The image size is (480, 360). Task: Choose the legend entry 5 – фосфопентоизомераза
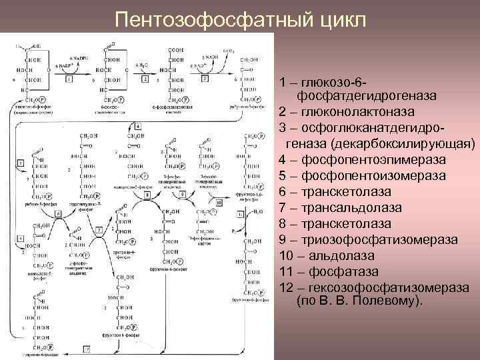[x=373, y=175]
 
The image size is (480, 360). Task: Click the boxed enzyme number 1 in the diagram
[x=69, y=79]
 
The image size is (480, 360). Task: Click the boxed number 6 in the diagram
[x=59, y=213]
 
